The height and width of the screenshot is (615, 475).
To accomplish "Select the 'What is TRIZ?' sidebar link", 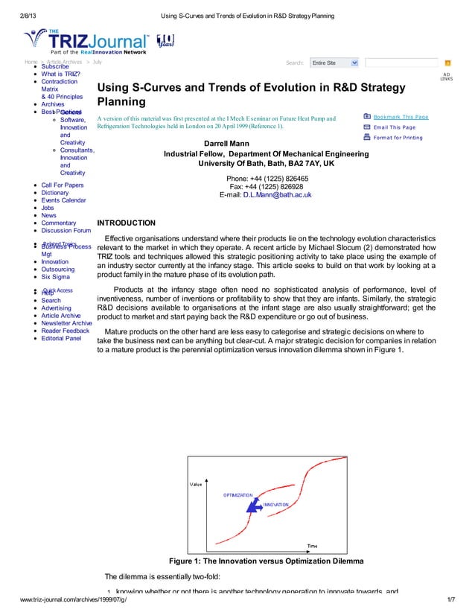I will (61, 74).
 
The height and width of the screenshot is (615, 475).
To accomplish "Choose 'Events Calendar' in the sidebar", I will (63, 200).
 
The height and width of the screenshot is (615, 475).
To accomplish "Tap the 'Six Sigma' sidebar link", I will (56, 277).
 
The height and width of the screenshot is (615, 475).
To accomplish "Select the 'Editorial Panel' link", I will (62, 338).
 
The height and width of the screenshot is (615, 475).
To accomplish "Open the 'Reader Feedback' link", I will (66, 331).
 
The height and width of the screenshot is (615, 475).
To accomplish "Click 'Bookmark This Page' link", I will (401, 117).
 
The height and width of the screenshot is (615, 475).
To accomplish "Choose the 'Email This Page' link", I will (395, 127).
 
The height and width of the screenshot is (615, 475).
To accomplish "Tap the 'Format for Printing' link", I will (398, 138).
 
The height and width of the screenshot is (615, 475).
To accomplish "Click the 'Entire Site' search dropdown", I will (334, 63).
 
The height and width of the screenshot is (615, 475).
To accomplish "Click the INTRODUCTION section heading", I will (127, 223).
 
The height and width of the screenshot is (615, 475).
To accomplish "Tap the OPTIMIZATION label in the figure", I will (238, 494).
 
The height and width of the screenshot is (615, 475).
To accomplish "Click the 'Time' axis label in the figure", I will (313, 545).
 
